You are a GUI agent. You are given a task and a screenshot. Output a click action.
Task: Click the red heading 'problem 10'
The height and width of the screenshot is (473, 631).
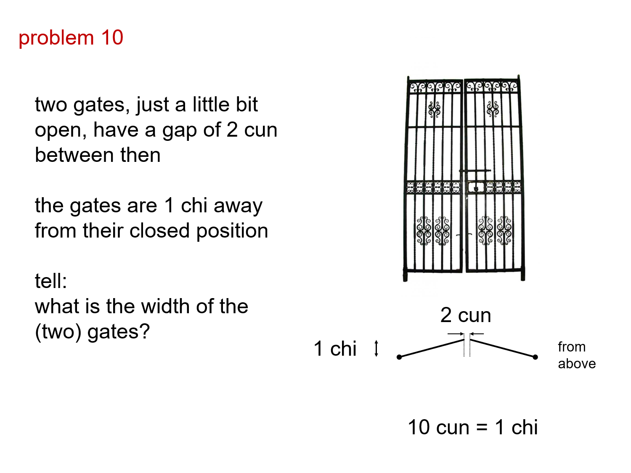pyautogui.click(x=71, y=38)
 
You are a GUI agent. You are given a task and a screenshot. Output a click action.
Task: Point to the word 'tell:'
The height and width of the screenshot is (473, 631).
pyautogui.click(x=50, y=281)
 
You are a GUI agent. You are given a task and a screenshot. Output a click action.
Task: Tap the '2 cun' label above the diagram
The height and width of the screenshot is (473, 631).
pyautogui.click(x=465, y=315)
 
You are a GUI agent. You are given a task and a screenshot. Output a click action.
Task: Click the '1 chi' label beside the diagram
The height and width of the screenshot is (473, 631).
pyautogui.click(x=335, y=349)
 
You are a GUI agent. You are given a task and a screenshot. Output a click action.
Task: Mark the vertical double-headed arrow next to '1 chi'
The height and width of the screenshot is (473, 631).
pyautogui.click(x=376, y=349)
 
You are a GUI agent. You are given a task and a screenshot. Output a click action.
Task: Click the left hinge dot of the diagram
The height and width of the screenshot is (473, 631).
pyautogui.click(x=399, y=357)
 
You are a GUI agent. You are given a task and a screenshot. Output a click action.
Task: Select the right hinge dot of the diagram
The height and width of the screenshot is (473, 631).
pyautogui.click(x=535, y=357)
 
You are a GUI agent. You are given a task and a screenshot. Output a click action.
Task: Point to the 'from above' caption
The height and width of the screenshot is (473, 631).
pyautogui.click(x=576, y=355)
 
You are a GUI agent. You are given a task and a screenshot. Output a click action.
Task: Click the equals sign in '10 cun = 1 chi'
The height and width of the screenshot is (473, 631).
pyautogui.click(x=482, y=428)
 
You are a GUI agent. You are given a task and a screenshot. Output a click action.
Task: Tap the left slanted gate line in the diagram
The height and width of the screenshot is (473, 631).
pyautogui.click(x=431, y=349)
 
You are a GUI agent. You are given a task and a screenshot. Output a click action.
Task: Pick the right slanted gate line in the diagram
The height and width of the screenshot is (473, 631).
pyautogui.click(x=503, y=349)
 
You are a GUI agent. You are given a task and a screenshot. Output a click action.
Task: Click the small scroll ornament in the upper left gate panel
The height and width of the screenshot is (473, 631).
pyautogui.click(x=434, y=109)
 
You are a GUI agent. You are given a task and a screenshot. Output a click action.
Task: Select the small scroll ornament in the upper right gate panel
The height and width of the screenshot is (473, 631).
pyautogui.click(x=492, y=109)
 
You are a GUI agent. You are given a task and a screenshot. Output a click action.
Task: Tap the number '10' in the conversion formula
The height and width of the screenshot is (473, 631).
pyautogui.click(x=419, y=427)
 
